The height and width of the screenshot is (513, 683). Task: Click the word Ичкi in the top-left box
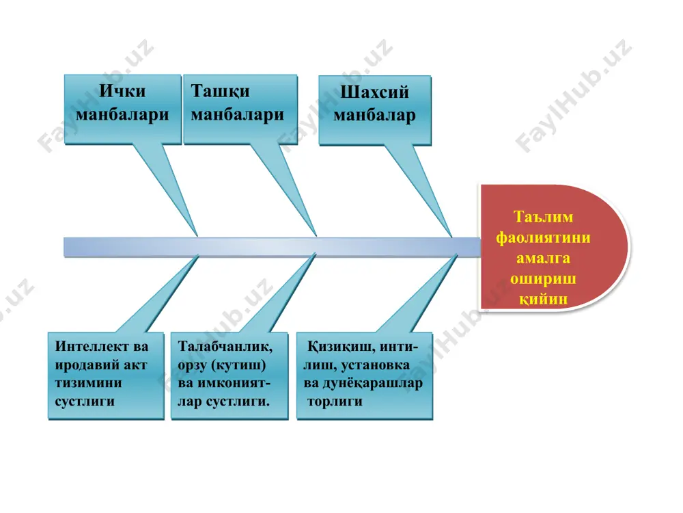[x=122, y=91]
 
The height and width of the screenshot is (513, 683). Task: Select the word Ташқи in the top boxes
[x=221, y=92]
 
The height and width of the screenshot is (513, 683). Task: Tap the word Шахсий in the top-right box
[x=374, y=92]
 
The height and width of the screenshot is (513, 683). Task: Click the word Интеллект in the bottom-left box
[x=92, y=346]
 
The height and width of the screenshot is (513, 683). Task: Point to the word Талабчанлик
[x=225, y=347]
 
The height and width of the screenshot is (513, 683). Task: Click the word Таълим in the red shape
[x=543, y=217]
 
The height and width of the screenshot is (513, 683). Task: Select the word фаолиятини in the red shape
[x=543, y=238]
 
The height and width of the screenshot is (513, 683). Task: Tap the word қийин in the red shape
[x=544, y=300]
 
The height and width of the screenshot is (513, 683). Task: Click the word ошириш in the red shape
[x=543, y=279]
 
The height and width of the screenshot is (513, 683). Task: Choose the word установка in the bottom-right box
[x=375, y=365]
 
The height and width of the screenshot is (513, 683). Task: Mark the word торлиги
[x=335, y=402]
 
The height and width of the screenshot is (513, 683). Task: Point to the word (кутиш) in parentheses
[x=238, y=365]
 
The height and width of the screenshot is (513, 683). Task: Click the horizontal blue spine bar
[x=273, y=247]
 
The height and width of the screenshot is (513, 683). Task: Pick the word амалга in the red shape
[x=543, y=259]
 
